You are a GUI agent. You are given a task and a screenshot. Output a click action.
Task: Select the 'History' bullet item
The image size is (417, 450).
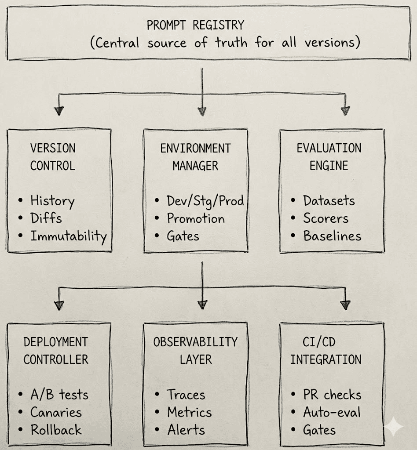(52, 201)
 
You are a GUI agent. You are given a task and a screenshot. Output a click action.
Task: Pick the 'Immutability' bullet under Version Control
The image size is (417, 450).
(68, 237)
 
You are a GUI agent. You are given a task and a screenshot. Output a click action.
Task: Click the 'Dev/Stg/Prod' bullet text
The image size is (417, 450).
(205, 201)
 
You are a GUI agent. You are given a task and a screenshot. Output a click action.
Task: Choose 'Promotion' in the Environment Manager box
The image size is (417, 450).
(195, 219)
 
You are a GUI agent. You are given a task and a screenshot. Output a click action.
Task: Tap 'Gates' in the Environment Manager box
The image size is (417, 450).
(183, 236)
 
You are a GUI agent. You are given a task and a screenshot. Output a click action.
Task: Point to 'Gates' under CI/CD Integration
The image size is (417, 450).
(319, 430)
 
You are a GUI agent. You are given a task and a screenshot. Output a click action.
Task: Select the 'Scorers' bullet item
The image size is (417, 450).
(326, 219)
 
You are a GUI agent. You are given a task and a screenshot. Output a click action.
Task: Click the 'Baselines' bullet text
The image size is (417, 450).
(332, 236)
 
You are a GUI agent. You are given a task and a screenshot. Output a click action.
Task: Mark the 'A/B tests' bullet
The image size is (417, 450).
(59, 395)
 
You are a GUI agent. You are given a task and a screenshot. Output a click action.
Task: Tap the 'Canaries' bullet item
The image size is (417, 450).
(56, 412)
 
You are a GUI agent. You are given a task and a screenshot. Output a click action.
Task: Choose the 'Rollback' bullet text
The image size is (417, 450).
(56, 430)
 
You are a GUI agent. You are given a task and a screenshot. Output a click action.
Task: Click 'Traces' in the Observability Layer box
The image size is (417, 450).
(186, 395)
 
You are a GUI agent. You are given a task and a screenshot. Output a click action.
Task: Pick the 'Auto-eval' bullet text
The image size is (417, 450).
(332, 412)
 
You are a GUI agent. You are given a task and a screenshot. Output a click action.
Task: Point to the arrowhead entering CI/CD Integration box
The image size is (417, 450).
(345, 305)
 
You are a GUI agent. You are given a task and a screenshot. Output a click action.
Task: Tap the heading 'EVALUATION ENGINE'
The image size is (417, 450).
(329, 157)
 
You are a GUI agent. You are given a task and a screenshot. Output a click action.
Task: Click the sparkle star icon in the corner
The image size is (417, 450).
(393, 427)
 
